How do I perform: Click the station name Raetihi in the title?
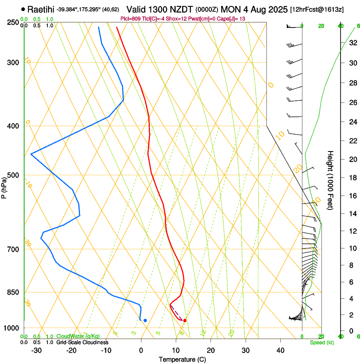[x=41, y=9]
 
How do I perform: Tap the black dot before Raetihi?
[x=23, y=9]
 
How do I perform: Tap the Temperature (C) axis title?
[x=182, y=359]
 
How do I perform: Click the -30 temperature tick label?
[x=36, y=350]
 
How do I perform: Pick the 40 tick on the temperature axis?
[x=280, y=350]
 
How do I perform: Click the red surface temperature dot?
[x=185, y=320]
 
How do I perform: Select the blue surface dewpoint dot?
[x=145, y=320]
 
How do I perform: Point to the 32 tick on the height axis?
[x=352, y=43]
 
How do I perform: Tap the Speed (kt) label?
[x=321, y=342]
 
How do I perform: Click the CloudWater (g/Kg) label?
[x=78, y=336]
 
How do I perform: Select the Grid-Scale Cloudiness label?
[x=82, y=342]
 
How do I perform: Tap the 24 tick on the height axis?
[x=352, y=122]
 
